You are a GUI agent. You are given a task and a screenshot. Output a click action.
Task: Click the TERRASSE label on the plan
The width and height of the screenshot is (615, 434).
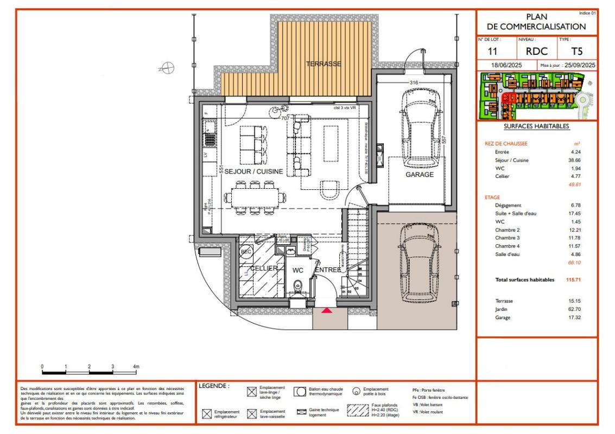point(324,64)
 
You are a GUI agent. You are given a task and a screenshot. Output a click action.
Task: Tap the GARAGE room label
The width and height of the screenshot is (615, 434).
point(419,175)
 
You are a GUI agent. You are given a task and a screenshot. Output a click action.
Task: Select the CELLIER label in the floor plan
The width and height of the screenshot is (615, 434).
point(264,269)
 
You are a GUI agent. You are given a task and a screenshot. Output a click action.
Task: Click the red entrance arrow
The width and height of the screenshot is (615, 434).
point(327,310)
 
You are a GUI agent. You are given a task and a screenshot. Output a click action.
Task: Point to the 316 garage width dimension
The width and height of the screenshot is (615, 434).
point(413,82)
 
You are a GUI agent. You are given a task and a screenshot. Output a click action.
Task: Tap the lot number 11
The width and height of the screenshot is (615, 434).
point(493,52)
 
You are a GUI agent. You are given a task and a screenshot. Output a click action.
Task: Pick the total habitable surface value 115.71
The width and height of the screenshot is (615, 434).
point(574,280)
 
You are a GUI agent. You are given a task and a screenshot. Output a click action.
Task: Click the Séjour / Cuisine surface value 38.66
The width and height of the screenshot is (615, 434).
point(574,161)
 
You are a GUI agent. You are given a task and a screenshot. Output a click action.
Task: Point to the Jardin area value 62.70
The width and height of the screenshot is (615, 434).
point(574,309)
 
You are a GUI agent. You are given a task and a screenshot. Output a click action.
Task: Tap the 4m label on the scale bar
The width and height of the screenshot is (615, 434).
point(136,367)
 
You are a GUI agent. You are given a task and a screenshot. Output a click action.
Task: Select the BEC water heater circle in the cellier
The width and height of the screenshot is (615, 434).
point(246,253)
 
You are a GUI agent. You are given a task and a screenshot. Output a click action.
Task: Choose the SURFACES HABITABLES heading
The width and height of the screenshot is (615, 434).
point(536,126)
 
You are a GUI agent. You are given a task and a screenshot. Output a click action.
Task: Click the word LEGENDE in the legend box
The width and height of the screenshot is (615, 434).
point(214,387)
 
